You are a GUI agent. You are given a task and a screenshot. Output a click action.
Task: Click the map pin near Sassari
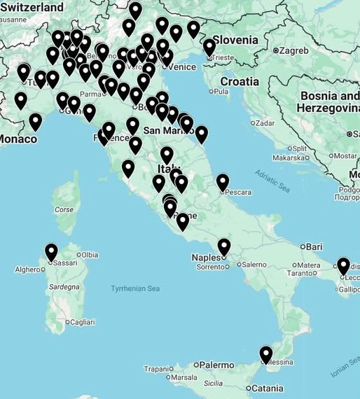point(51,252)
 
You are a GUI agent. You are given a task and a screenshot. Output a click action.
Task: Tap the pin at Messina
point(266,354)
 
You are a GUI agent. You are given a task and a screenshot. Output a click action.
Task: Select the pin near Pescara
point(223,182)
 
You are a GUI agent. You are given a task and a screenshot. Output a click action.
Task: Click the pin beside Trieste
point(209,48)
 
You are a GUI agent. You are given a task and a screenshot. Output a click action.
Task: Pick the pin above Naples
point(224,247)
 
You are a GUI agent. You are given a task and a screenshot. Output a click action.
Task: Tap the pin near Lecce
point(343,266)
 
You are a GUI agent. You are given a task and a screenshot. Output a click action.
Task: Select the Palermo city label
point(216,365)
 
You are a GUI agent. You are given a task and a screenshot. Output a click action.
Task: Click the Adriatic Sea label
point(272,180)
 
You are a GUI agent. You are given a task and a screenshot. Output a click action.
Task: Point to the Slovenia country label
point(235,39)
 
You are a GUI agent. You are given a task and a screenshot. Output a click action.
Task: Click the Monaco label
point(18,139)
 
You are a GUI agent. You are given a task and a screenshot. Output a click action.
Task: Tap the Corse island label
point(64,209)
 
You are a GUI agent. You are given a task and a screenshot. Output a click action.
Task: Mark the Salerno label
point(254,265)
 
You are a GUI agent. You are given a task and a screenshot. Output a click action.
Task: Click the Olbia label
point(90,255)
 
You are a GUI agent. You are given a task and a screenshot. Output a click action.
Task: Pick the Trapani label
point(157,369)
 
